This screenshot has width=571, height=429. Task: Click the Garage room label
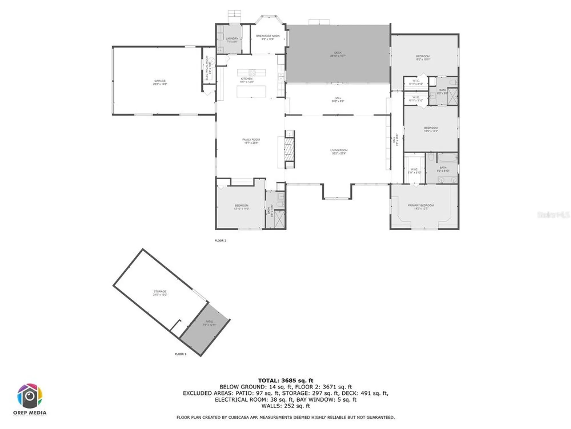tap(160, 82)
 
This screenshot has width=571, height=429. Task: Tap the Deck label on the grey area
tap(338, 54)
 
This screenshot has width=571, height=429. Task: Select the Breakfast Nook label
tap(268, 37)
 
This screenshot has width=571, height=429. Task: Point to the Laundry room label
tap(232, 40)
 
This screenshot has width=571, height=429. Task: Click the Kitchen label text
tap(247, 80)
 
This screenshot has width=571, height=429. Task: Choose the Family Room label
tap(251, 141)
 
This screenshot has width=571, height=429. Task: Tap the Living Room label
tap(339, 152)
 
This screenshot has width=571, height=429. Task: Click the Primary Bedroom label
tap(421, 207)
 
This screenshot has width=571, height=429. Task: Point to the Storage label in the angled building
tap(160, 293)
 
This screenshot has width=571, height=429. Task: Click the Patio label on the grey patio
tap(209, 323)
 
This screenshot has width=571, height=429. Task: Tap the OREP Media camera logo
tap(30, 396)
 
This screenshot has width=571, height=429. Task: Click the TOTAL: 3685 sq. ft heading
tap(285, 380)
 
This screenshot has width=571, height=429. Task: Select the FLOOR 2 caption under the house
tap(220, 241)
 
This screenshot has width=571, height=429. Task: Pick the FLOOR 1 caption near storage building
tap(180, 354)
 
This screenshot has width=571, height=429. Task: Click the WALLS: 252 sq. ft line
tap(285, 406)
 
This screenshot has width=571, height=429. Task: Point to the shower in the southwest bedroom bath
tap(280, 219)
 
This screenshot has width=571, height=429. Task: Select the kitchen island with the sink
tap(251, 72)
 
